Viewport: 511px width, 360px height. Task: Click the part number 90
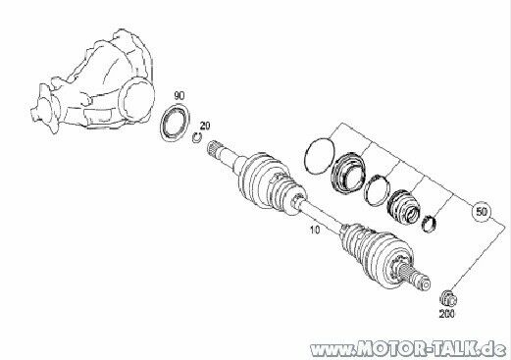(179, 93)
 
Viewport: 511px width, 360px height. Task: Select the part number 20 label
(204, 125)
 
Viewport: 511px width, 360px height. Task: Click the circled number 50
(481, 211)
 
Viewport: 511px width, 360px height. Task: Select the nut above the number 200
(448, 296)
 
